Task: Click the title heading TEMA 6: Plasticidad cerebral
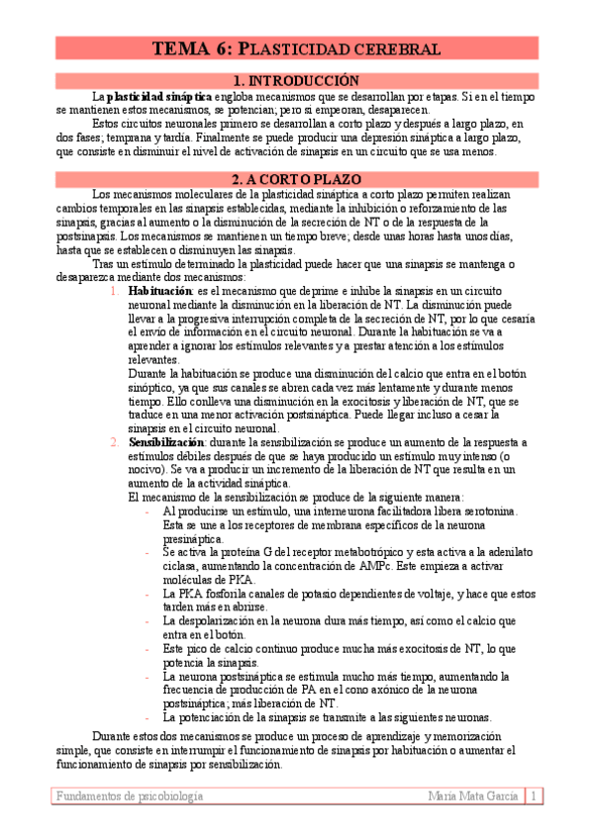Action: tap(295, 48)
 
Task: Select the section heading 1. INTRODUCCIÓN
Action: tap(295, 80)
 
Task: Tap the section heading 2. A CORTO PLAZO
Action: tap(295, 179)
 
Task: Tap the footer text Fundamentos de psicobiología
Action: tap(130, 796)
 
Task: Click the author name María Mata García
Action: tap(472, 796)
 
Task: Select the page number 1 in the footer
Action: tap(534, 796)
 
